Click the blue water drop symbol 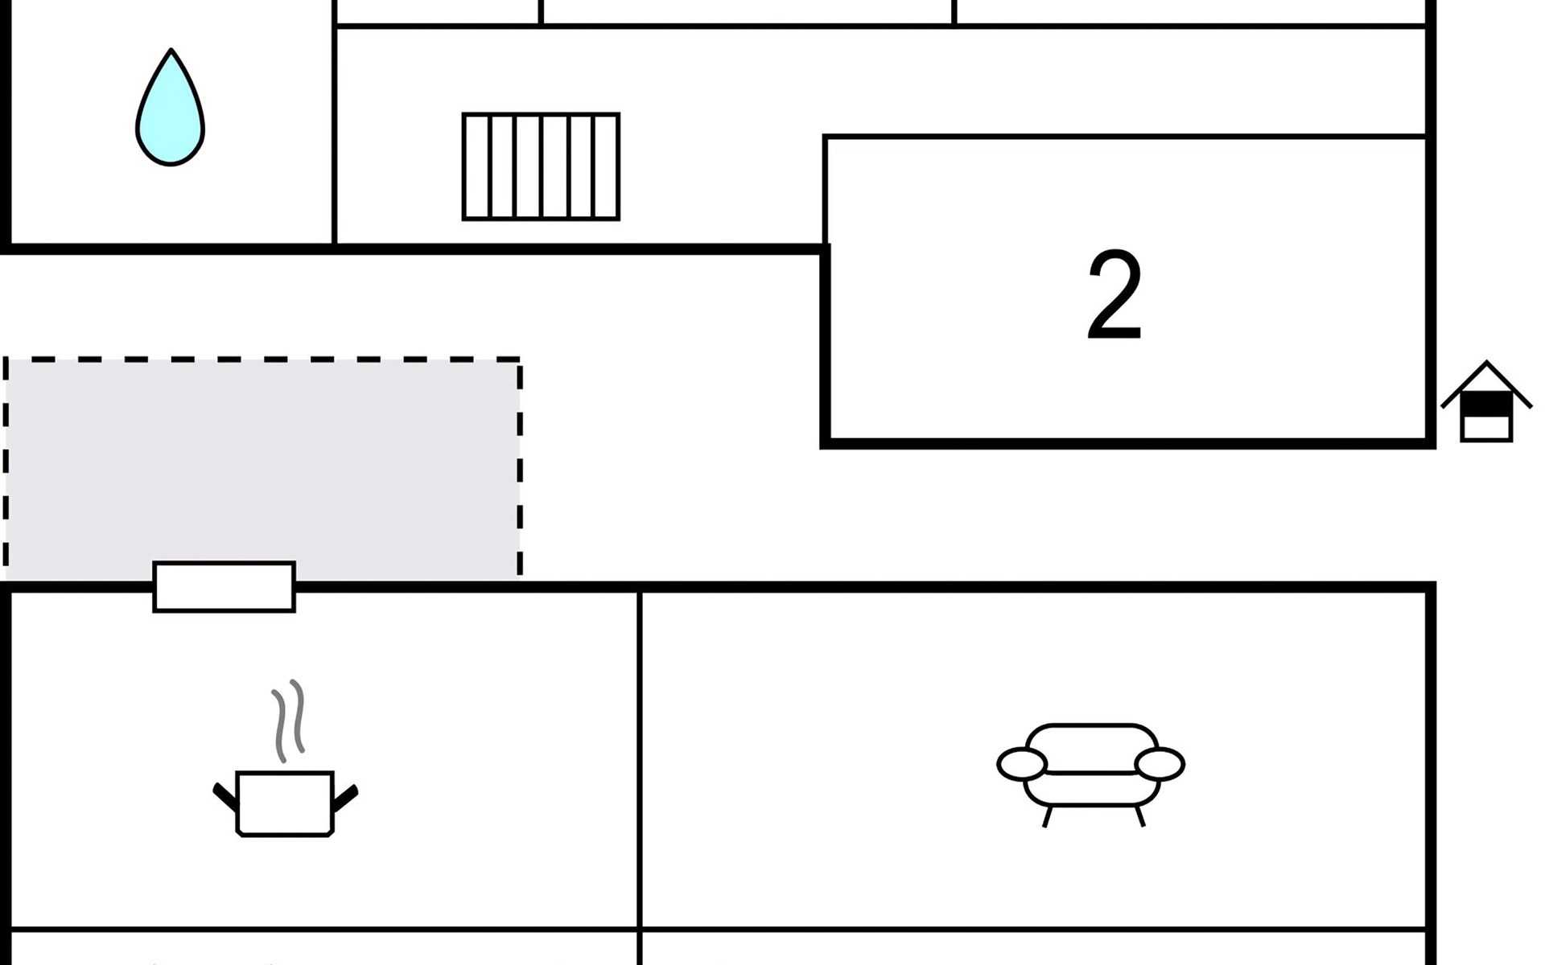170,113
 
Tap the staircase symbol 541,166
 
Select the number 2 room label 1114,295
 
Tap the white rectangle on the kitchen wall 225,587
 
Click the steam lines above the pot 288,720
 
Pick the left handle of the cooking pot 225,795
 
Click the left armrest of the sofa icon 1022,764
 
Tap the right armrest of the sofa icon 1160,764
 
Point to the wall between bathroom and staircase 334,129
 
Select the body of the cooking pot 285,804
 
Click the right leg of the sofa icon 1139,817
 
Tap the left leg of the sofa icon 1047,817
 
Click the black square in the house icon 1486,404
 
